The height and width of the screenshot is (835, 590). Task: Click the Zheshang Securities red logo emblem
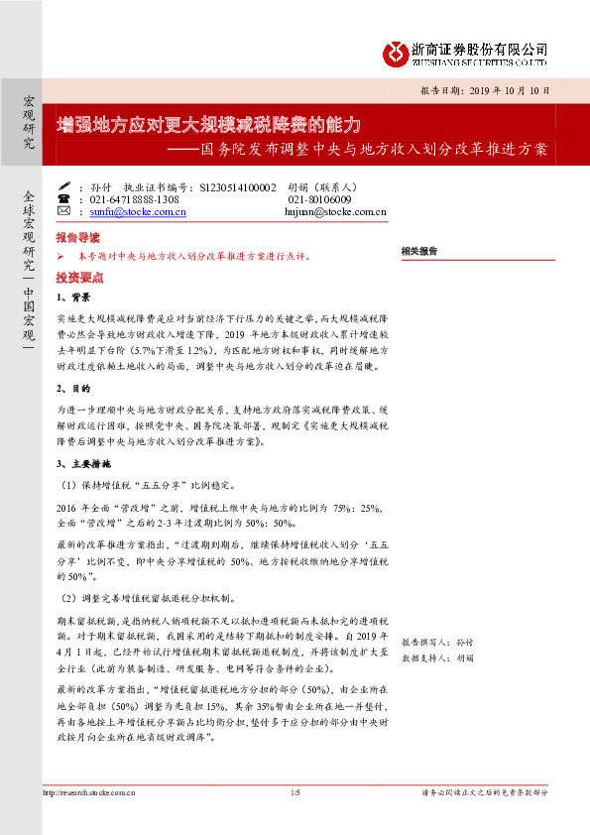pyautogui.click(x=398, y=51)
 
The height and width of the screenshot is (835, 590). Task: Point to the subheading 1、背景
pyautogui.click(x=73, y=297)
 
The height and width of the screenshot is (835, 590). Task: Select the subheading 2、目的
pyautogui.click(x=73, y=388)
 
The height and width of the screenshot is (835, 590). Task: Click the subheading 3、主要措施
pyautogui.click(x=82, y=463)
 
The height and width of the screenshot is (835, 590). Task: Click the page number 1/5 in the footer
pyautogui.click(x=295, y=792)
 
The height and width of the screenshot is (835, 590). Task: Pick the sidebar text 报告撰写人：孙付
pyautogui.click(x=437, y=643)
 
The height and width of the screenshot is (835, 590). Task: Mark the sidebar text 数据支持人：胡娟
pyautogui.click(x=437, y=657)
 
